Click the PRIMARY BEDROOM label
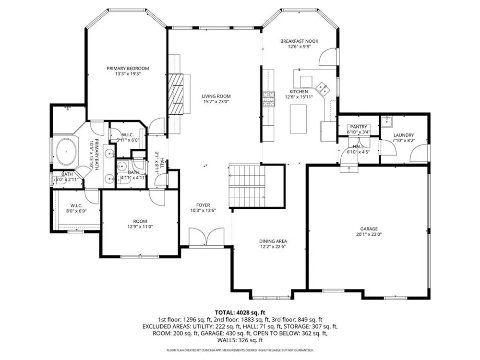128,68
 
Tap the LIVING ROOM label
216,96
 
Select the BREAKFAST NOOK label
300,41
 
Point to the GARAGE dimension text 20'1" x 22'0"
369,235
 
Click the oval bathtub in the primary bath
66,152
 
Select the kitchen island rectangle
298,119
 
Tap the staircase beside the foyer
247,186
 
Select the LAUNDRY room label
404,135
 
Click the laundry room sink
387,121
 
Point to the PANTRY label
359,127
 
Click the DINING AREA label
273,241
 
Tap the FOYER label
203,205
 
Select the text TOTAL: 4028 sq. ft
240,312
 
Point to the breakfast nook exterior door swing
328,57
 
